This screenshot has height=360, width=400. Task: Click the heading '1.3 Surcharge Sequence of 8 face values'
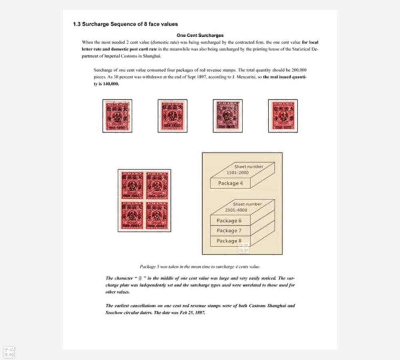(125, 24)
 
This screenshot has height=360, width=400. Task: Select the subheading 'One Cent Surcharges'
(200, 35)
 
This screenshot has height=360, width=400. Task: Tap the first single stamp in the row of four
(117, 116)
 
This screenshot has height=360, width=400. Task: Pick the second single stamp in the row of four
(172, 116)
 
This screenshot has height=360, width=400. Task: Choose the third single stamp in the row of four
(228, 116)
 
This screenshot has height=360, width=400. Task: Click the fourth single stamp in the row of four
(283, 116)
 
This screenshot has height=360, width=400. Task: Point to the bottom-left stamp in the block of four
(132, 215)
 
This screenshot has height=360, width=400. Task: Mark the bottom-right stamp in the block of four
(157, 215)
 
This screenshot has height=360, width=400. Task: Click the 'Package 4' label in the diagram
(230, 183)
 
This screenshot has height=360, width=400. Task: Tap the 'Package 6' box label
(229, 221)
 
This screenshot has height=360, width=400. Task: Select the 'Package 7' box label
(229, 231)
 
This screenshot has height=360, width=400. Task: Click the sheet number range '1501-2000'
(238, 173)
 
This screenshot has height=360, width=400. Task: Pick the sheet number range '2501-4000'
(236, 210)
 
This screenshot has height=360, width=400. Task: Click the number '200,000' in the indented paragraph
(299, 70)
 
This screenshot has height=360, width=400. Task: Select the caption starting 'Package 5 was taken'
(200, 266)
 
